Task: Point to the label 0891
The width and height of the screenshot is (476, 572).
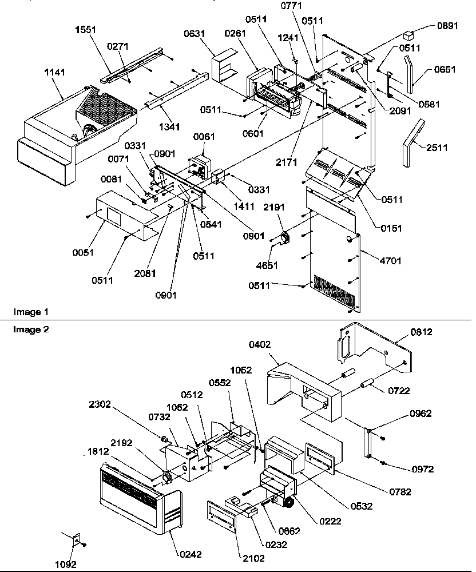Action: coord(447,26)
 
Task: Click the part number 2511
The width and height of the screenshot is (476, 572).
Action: coord(437,148)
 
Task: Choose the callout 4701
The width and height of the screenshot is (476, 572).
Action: coord(390,261)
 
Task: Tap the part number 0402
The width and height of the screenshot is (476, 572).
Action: coord(260,344)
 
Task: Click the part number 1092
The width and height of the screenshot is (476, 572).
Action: coord(66,564)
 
